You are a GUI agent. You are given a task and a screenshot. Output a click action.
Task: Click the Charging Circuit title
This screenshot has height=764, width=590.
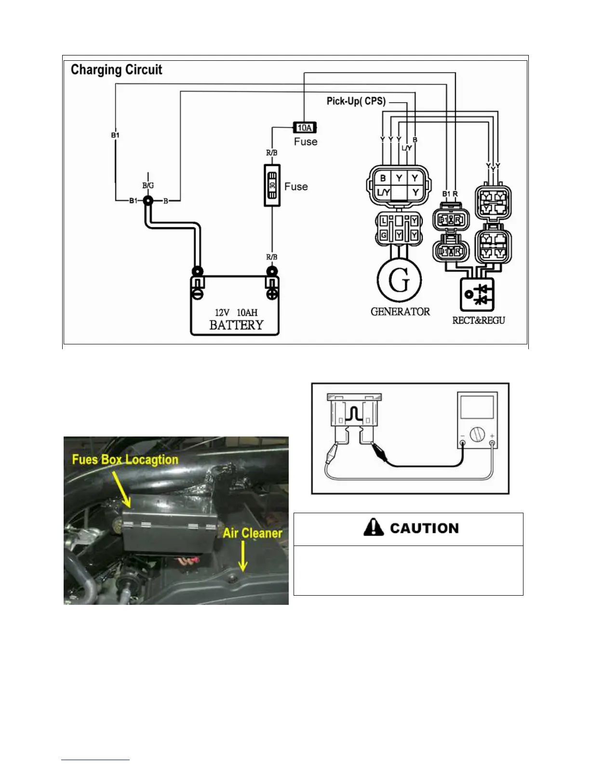point(116,70)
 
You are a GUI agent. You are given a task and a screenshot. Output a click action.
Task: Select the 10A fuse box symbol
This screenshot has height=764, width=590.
point(305,128)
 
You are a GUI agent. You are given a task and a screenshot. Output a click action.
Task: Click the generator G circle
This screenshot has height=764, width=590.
point(399,280)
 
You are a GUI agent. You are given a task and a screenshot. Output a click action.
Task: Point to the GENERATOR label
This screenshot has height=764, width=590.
point(400,312)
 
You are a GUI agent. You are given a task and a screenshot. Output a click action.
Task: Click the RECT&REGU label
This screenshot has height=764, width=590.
point(478,320)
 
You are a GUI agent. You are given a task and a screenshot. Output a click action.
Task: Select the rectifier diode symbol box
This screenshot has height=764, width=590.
point(477,294)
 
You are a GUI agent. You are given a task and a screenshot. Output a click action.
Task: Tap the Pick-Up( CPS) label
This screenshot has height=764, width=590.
point(356,101)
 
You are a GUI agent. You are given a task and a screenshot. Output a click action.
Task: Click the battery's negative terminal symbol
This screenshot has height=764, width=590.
point(198,293)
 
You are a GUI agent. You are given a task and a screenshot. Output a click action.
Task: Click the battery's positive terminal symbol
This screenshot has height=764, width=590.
point(272,293)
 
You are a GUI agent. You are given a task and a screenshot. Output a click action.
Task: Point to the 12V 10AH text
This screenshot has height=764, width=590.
point(236,313)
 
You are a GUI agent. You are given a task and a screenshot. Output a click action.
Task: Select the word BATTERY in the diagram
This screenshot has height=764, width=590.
point(236,325)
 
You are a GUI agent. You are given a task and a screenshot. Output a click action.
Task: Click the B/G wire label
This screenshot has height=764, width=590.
point(148,185)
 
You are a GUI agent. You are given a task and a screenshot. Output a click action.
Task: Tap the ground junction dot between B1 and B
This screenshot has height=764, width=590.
point(148,201)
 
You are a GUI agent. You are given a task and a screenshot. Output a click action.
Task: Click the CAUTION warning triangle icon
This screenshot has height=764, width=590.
point(374,527)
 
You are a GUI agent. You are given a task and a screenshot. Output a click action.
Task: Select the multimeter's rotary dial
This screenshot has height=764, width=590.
point(477,435)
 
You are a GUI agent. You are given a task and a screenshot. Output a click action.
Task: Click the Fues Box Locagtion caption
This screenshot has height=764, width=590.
point(125,460)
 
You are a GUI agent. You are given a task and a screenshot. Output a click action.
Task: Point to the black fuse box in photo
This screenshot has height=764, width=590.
point(169,531)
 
